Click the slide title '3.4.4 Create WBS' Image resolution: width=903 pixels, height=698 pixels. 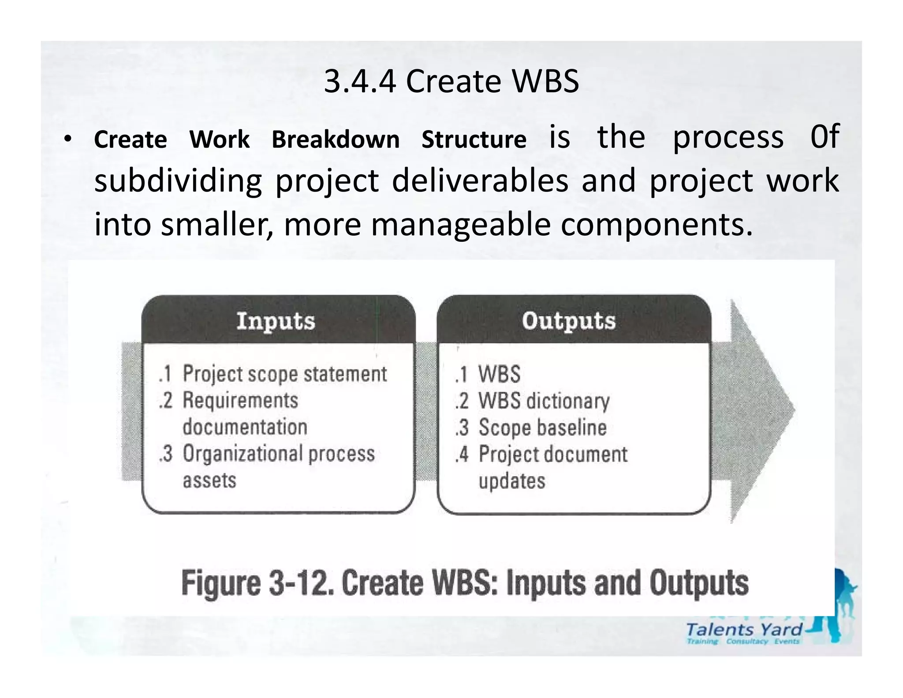pyautogui.click(x=451, y=82)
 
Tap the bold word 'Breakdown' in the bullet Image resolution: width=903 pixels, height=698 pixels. pyautogui.click(x=336, y=140)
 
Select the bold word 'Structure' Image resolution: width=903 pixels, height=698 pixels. pyautogui.click(x=474, y=140)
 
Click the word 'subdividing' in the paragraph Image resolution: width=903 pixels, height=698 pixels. pyautogui.click(x=178, y=181)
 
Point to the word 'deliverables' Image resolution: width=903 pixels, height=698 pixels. pyautogui.click(x=480, y=181)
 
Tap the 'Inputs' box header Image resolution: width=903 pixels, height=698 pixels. pyautogui.click(x=276, y=321)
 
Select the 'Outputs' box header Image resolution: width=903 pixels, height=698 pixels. pyautogui.click(x=569, y=321)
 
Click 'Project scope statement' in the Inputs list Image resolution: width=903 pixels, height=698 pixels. pyautogui.click(x=284, y=374)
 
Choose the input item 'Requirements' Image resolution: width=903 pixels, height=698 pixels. pyautogui.click(x=240, y=401)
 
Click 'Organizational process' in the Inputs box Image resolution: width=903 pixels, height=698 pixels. pyautogui.click(x=278, y=454)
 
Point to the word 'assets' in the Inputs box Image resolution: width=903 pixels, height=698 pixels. pyautogui.click(x=209, y=480)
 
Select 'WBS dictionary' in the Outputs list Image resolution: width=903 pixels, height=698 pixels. pyautogui.click(x=544, y=401)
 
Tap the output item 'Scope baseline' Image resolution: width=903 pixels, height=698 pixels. pyautogui.click(x=542, y=428)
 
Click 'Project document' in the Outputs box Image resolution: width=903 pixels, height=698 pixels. pyautogui.click(x=553, y=454)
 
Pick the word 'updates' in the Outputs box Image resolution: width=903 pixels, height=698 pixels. pyautogui.click(x=511, y=481)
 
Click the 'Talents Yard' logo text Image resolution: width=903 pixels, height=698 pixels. pyautogui.click(x=744, y=630)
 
